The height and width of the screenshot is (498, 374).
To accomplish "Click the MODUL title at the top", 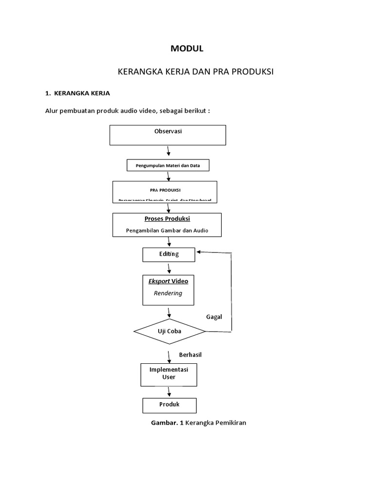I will tap(187, 49).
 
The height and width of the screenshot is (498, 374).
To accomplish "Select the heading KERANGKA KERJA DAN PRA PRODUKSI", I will tap(196, 72).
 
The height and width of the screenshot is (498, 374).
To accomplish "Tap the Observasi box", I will tap(168, 135).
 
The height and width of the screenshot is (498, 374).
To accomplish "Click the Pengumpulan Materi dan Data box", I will tap(168, 166).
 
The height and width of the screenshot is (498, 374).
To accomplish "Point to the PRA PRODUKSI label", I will tap(165, 190).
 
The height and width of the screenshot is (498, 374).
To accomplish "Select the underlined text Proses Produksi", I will tap(167, 219).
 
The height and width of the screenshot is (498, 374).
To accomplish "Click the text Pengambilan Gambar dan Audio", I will tap(167, 231).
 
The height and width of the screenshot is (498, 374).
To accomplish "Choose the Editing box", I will tap(169, 254).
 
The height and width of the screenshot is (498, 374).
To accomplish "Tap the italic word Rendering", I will tap(168, 293).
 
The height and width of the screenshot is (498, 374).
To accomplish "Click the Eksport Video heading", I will tap(168, 281).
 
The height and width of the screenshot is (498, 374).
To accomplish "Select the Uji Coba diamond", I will tap(169, 331).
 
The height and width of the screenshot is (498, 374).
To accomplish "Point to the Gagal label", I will tap(214, 317).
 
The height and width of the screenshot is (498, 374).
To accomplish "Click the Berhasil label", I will tap(190, 355).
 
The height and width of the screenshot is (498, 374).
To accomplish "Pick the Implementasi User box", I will tap(168, 373).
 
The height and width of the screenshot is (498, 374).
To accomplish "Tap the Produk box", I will tap(169, 405).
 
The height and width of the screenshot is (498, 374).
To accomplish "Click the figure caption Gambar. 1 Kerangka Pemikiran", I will tap(199, 423).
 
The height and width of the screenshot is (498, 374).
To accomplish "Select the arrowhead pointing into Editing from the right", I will tap(198, 252).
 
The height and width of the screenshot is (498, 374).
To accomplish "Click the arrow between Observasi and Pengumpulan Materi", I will tap(168, 152).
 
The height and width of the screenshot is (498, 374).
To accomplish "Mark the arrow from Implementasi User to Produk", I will tap(169, 392).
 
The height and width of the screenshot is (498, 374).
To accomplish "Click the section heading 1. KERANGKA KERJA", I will tap(78, 93).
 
